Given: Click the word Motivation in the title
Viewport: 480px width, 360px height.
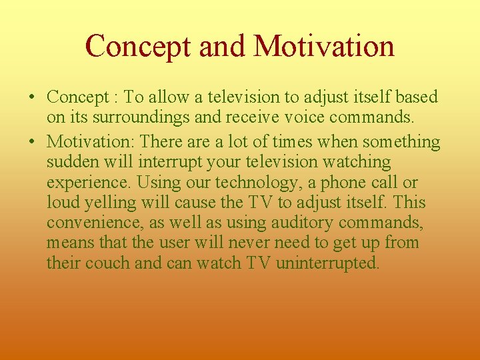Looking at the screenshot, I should (324, 46).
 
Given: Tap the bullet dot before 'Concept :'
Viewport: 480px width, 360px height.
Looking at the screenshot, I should (31, 97).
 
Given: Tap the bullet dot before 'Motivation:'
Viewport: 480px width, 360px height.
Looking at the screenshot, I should (31, 143).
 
